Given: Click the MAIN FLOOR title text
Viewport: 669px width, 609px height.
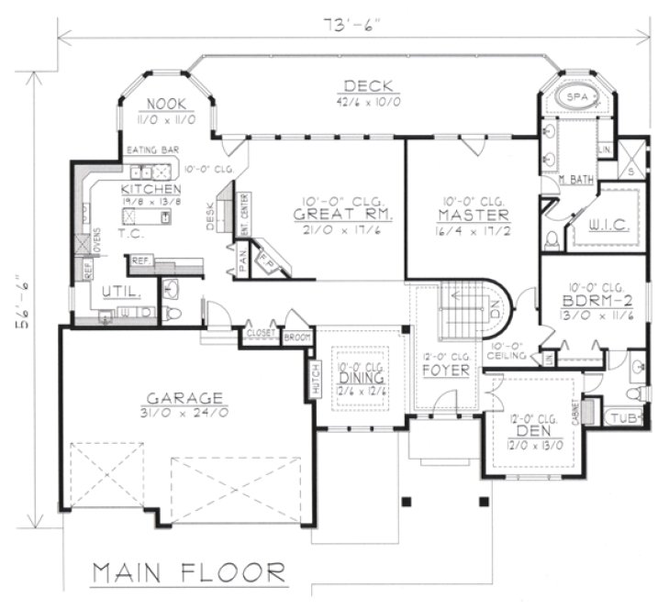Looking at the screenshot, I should [188, 572].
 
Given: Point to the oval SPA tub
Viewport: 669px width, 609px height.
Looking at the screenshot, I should [575, 96].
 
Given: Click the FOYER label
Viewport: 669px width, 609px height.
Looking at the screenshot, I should [445, 371].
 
